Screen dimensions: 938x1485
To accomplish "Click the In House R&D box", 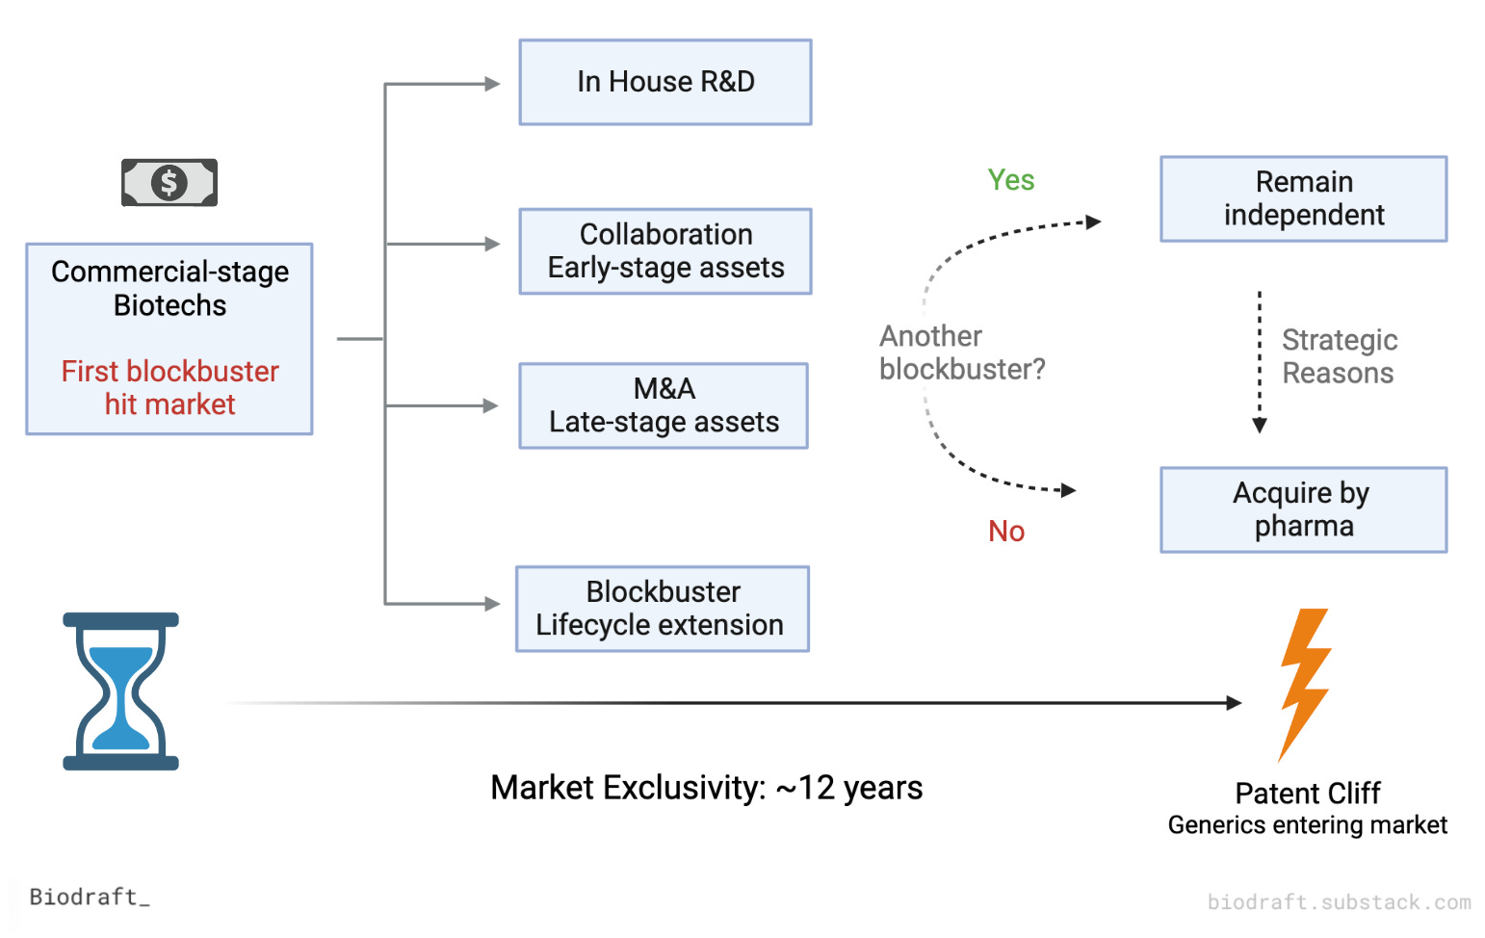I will (665, 83).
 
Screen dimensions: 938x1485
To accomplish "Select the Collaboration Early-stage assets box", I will (665, 251).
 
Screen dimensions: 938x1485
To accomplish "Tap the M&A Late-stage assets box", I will (664, 405).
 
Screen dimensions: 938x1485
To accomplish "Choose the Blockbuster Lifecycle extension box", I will (663, 609).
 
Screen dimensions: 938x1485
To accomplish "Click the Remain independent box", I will (1303, 198).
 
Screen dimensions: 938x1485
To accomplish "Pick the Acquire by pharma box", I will (1303, 509).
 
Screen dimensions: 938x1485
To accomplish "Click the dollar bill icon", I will (169, 182).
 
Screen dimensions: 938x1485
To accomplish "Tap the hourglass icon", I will (120, 690).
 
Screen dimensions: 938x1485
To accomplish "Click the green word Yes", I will (1011, 180).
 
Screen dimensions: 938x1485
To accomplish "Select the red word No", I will (1006, 532).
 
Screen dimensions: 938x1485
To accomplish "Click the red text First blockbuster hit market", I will (169, 387).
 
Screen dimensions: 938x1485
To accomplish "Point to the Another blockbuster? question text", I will (961, 352).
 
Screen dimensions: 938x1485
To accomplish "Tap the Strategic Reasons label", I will (1339, 356).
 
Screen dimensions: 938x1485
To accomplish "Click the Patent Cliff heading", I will (1307, 794).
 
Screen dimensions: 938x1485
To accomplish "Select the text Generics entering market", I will (1307, 825).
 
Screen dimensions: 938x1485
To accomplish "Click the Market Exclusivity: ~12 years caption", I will (706, 788).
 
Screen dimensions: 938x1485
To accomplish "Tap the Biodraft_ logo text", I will (90, 897).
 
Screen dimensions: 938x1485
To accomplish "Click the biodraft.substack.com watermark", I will (1339, 902).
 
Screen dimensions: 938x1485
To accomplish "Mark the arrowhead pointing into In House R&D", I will (492, 84).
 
